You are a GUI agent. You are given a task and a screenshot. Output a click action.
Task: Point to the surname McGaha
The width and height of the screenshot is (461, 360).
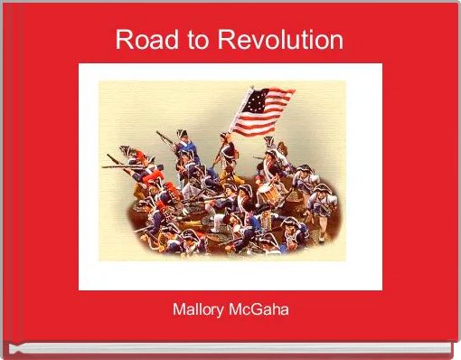[x=261, y=311]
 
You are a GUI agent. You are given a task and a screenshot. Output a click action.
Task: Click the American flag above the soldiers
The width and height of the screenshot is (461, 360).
[x=263, y=107]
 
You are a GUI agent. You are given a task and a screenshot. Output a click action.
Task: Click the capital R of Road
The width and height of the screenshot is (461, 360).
[x=124, y=41]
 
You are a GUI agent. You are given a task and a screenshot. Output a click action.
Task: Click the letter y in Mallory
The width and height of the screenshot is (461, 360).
[x=225, y=313]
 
